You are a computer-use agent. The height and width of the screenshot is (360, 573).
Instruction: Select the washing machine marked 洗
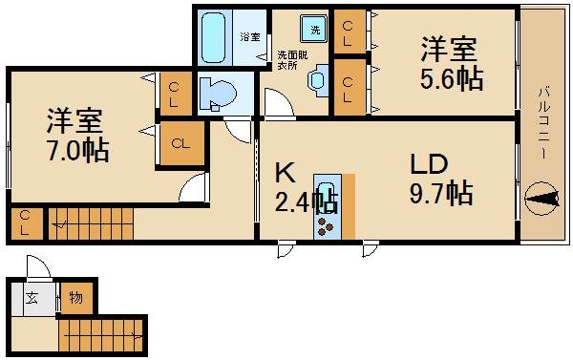click(x=315, y=30)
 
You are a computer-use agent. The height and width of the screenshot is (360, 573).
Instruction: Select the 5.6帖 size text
click(x=451, y=79)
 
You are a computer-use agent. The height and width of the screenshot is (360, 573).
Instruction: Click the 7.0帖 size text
click(x=77, y=150)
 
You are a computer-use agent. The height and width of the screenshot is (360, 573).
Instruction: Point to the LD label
click(x=429, y=164)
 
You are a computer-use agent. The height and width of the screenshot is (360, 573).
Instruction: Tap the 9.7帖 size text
click(x=440, y=194)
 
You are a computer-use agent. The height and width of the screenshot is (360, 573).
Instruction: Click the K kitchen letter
click(x=285, y=173)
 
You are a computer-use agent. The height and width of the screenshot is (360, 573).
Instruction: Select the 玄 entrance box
click(x=32, y=298)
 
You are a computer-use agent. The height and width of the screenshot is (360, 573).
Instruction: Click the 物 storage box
click(x=75, y=298)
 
